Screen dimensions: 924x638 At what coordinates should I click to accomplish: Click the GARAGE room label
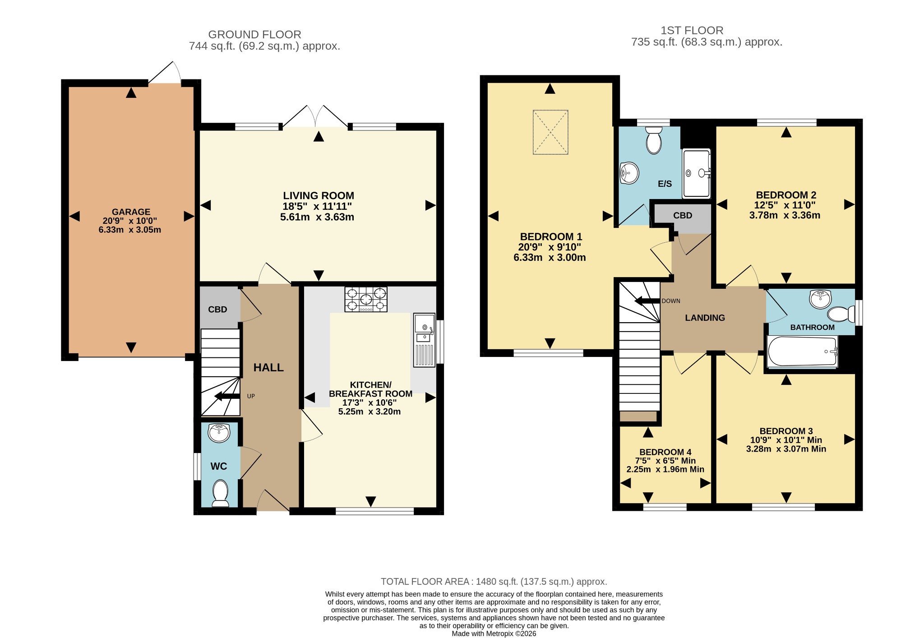point(131,212)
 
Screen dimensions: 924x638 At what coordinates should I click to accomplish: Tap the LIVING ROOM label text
point(319,195)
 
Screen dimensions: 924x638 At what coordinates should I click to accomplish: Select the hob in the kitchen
point(366,300)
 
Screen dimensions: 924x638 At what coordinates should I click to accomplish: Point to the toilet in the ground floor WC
point(220,493)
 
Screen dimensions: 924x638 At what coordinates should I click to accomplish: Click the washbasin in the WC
point(219,433)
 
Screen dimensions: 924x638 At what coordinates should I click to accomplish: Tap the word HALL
point(268,368)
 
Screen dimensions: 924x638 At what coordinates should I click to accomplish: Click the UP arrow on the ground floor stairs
point(227,397)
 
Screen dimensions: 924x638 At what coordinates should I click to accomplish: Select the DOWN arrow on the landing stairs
point(647,301)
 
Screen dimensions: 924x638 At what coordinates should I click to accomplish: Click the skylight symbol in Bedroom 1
point(550,132)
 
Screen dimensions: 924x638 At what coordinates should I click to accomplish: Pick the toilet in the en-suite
point(653,140)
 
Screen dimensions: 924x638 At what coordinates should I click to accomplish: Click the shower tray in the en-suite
point(697,173)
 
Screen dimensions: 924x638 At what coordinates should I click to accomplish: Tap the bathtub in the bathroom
point(802,351)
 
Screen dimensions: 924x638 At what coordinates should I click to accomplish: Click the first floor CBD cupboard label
point(683,216)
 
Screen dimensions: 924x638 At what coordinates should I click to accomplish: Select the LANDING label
point(705,318)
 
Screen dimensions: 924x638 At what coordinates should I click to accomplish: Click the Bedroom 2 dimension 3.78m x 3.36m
point(785,215)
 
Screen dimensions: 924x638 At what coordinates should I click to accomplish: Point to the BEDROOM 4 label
point(665,452)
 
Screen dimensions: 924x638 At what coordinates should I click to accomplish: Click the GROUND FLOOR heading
point(254,34)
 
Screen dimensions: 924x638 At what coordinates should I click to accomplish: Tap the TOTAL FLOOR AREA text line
point(494,582)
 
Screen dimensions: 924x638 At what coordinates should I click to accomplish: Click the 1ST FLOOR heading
point(692,30)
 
